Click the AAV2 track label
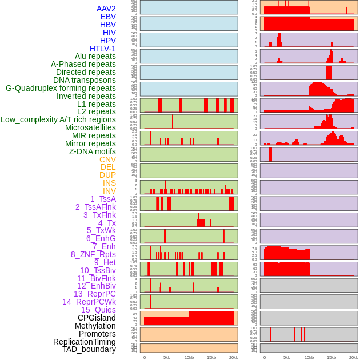[x=106, y=9]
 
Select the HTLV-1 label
[x=102, y=49]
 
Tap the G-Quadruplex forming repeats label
[x=61, y=88]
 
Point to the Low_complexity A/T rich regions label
[x=58, y=119]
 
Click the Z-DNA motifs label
[x=92, y=151]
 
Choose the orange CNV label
[x=107, y=159]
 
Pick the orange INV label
[x=109, y=191]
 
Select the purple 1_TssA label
[x=103, y=199]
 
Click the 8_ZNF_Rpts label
[x=93, y=254]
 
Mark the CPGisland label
[x=97, y=318]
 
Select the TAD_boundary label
[x=89, y=349]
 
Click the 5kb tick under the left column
[x=167, y=357]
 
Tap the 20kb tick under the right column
[x=354, y=357]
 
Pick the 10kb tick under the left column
[x=189, y=357]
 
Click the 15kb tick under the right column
[x=331, y=357]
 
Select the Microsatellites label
[x=90, y=127]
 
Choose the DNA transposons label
[x=85, y=80]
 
